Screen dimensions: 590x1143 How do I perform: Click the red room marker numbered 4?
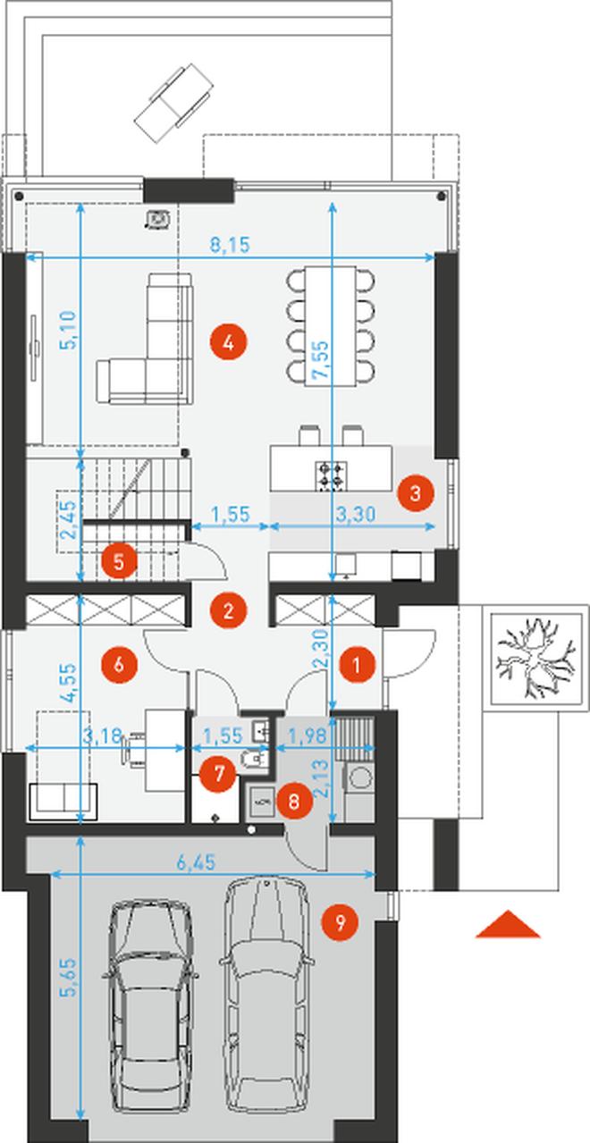pos(228,342)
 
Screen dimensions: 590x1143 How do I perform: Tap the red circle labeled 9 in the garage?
pos(340,922)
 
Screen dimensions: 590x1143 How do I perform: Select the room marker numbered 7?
pos(219,774)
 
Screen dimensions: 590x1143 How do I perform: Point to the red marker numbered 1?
pos(356,666)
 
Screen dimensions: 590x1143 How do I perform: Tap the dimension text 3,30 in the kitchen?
pos(356,514)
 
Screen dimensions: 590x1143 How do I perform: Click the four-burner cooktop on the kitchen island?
pos(332,475)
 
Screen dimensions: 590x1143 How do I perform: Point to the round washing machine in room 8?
pos(360,779)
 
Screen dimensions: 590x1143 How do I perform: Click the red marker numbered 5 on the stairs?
pos(118,562)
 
